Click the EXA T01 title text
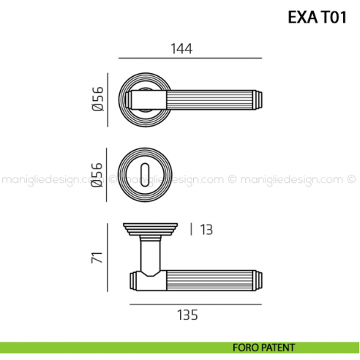tap(315, 17)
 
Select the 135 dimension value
tap(188, 315)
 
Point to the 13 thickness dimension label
tap(206, 230)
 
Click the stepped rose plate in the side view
tap(151, 229)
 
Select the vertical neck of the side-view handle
tap(151, 255)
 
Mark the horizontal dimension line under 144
tap(190, 58)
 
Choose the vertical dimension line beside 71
tap(118, 258)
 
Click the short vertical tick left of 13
tap(191, 230)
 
